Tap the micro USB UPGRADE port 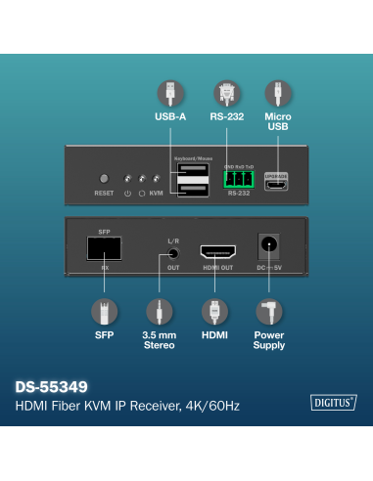(277, 183)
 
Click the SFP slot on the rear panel (105, 248)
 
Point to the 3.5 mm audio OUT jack (173, 252)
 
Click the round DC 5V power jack (266, 247)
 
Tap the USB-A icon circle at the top (170, 93)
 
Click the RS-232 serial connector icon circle (226, 93)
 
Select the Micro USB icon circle (279, 93)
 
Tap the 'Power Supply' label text (269, 340)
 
